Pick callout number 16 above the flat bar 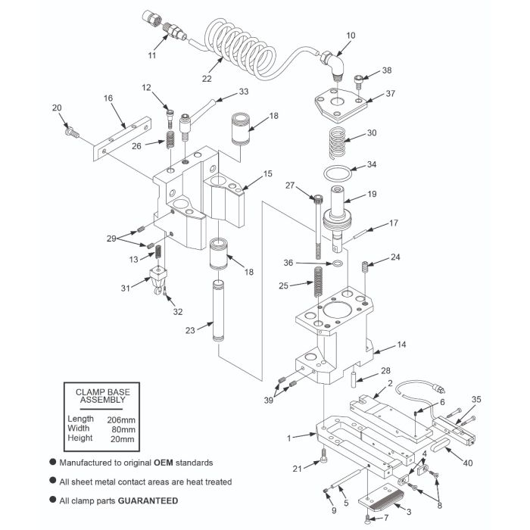(108, 98)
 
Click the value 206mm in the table (121, 419)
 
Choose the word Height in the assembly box (79, 438)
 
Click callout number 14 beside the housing (402, 344)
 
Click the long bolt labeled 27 (316, 227)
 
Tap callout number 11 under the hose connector (152, 55)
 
